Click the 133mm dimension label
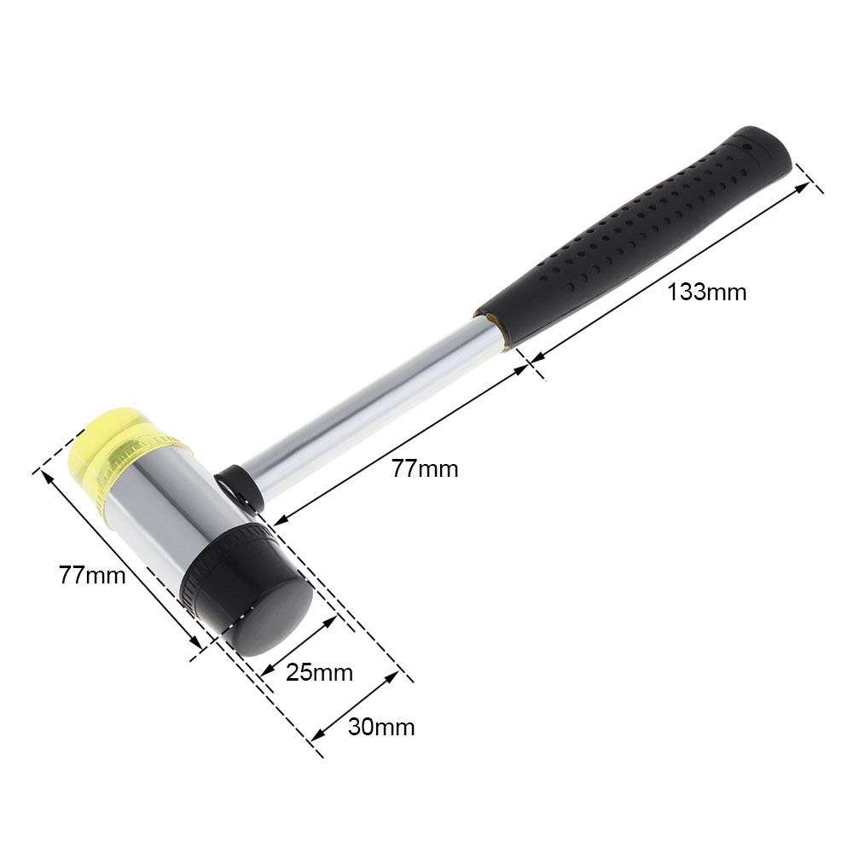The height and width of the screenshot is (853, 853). click(x=706, y=293)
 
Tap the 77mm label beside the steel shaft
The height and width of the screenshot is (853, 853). click(x=425, y=467)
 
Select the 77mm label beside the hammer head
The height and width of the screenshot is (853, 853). click(x=92, y=574)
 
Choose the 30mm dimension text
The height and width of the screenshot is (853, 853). click(x=381, y=727)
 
